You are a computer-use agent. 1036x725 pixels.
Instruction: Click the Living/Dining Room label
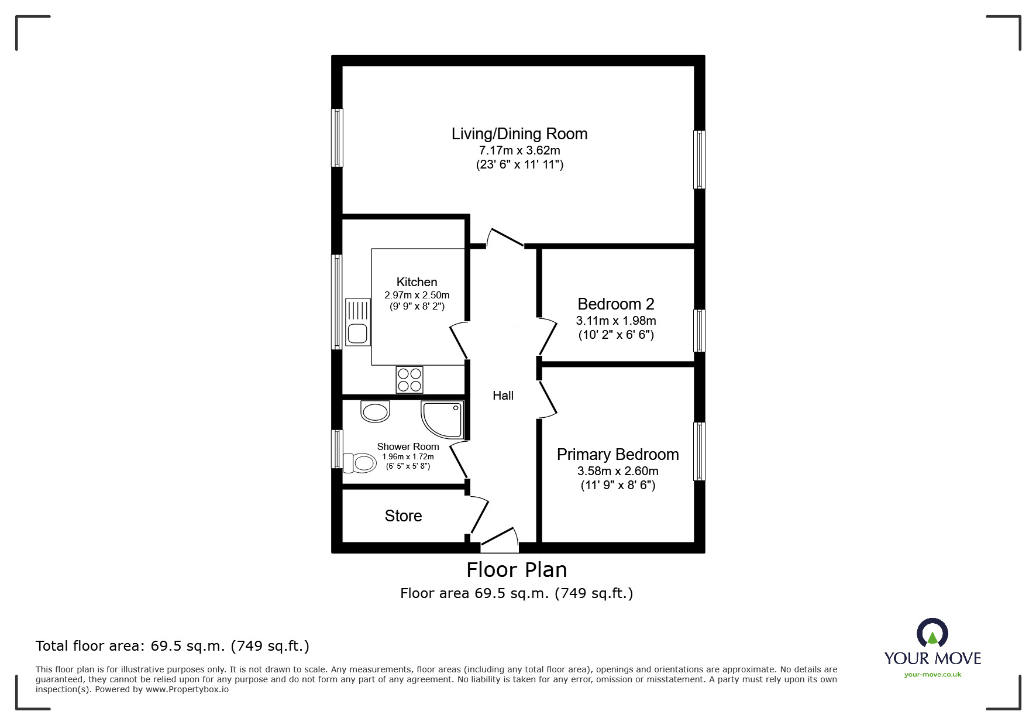tap(519, 134)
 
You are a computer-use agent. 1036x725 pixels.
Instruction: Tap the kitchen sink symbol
tap(357, 322)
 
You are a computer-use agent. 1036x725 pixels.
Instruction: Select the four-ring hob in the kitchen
tap(409, 379)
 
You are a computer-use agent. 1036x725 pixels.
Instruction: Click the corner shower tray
tap(443, 418)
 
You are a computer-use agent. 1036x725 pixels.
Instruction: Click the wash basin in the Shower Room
tap(375, 411)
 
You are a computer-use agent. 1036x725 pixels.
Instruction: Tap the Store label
tap(403, 516)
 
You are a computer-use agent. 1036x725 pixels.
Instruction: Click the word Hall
tap(502, 396)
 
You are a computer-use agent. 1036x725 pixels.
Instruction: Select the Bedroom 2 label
tap(615, 304)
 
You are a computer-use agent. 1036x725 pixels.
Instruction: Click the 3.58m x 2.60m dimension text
tap(617, 471)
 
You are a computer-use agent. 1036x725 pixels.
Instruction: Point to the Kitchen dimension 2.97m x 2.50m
tap(417, 295)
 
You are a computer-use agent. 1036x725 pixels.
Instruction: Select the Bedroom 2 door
tap(547, 336)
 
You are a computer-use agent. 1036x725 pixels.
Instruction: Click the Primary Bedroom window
tap(699, 451)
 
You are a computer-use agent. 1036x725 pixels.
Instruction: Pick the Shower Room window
tap(337, 449)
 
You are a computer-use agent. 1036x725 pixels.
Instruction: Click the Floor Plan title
tap(517, 570)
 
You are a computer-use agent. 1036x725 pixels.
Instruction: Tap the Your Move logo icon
tap(932, 634)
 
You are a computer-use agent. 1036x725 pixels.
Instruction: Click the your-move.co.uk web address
tap(932, 675)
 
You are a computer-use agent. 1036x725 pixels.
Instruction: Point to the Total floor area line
tap(173, 646)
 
